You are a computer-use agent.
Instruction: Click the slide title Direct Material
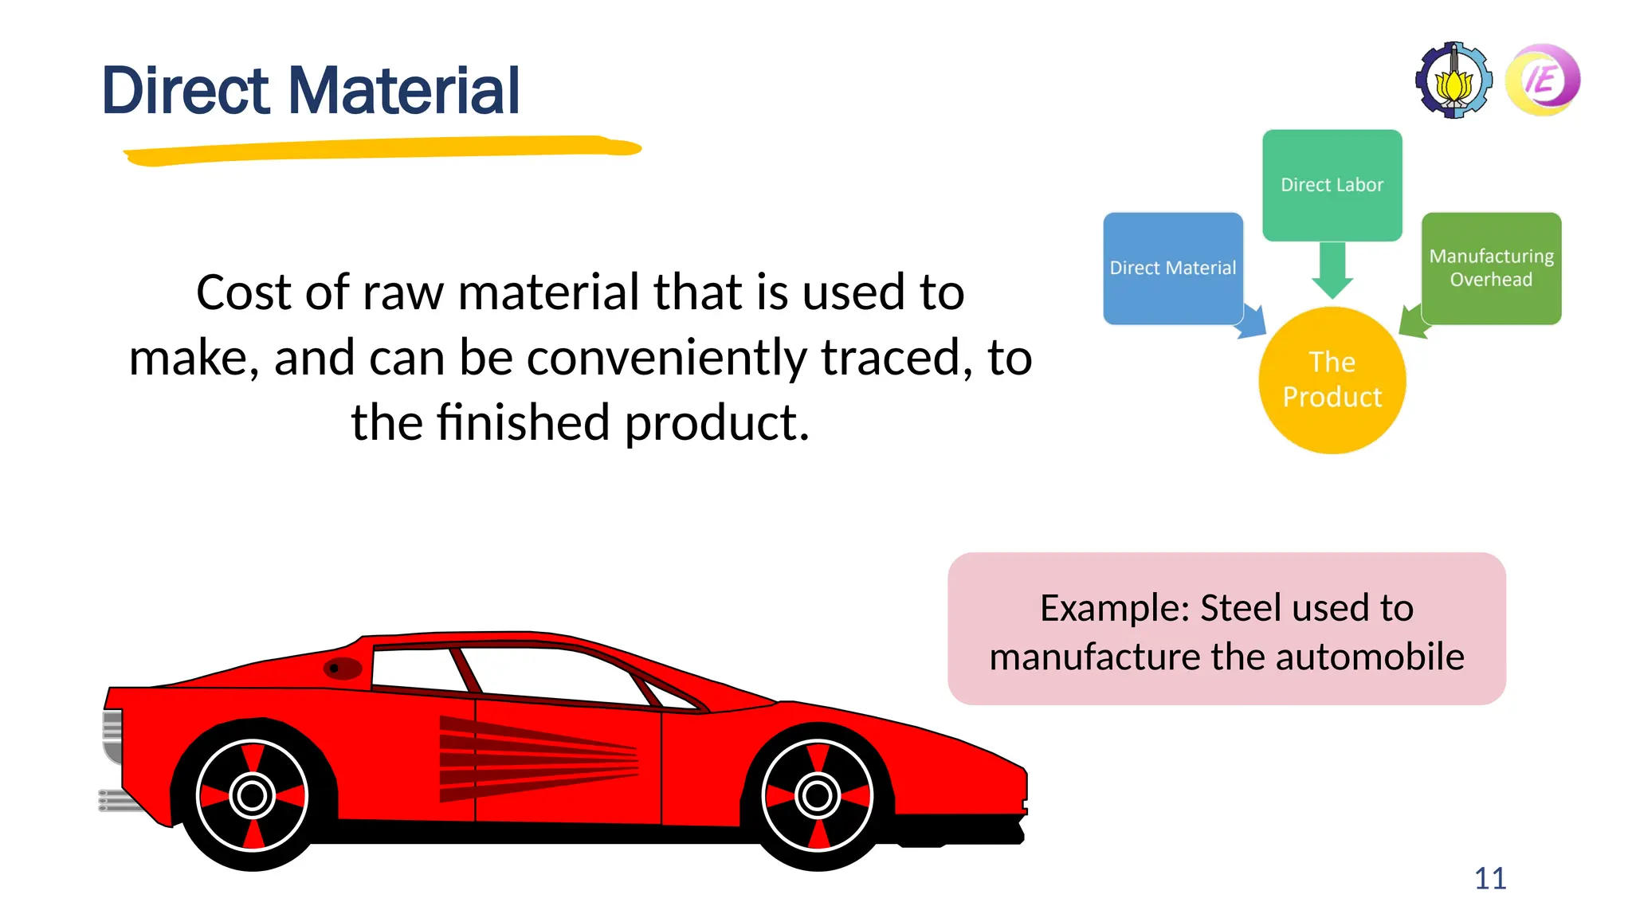coord(311,91)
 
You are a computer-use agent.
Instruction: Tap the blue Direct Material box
coord(1172,268)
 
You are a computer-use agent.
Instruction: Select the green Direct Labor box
coord(1332,185)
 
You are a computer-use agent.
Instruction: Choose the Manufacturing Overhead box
coord(1491,268)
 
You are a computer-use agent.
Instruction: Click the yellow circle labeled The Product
coord(1332,380)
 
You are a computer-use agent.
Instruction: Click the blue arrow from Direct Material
coord(1253,322)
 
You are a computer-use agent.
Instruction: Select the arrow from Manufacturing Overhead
coord(1411,322)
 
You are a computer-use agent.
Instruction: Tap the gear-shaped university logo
coord(1453,80)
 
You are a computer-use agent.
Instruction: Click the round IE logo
coord(1543,80)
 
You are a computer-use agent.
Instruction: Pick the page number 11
coord(1489,878)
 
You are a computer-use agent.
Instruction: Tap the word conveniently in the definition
coord(669,358)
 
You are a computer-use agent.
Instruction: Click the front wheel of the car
coord(817,794)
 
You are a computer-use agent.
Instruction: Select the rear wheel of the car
coord(253,794)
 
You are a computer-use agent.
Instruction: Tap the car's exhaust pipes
coord(120,799)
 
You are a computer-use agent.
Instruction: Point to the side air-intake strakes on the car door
coord(534,759)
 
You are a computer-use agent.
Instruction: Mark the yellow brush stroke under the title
coord(382,150)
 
